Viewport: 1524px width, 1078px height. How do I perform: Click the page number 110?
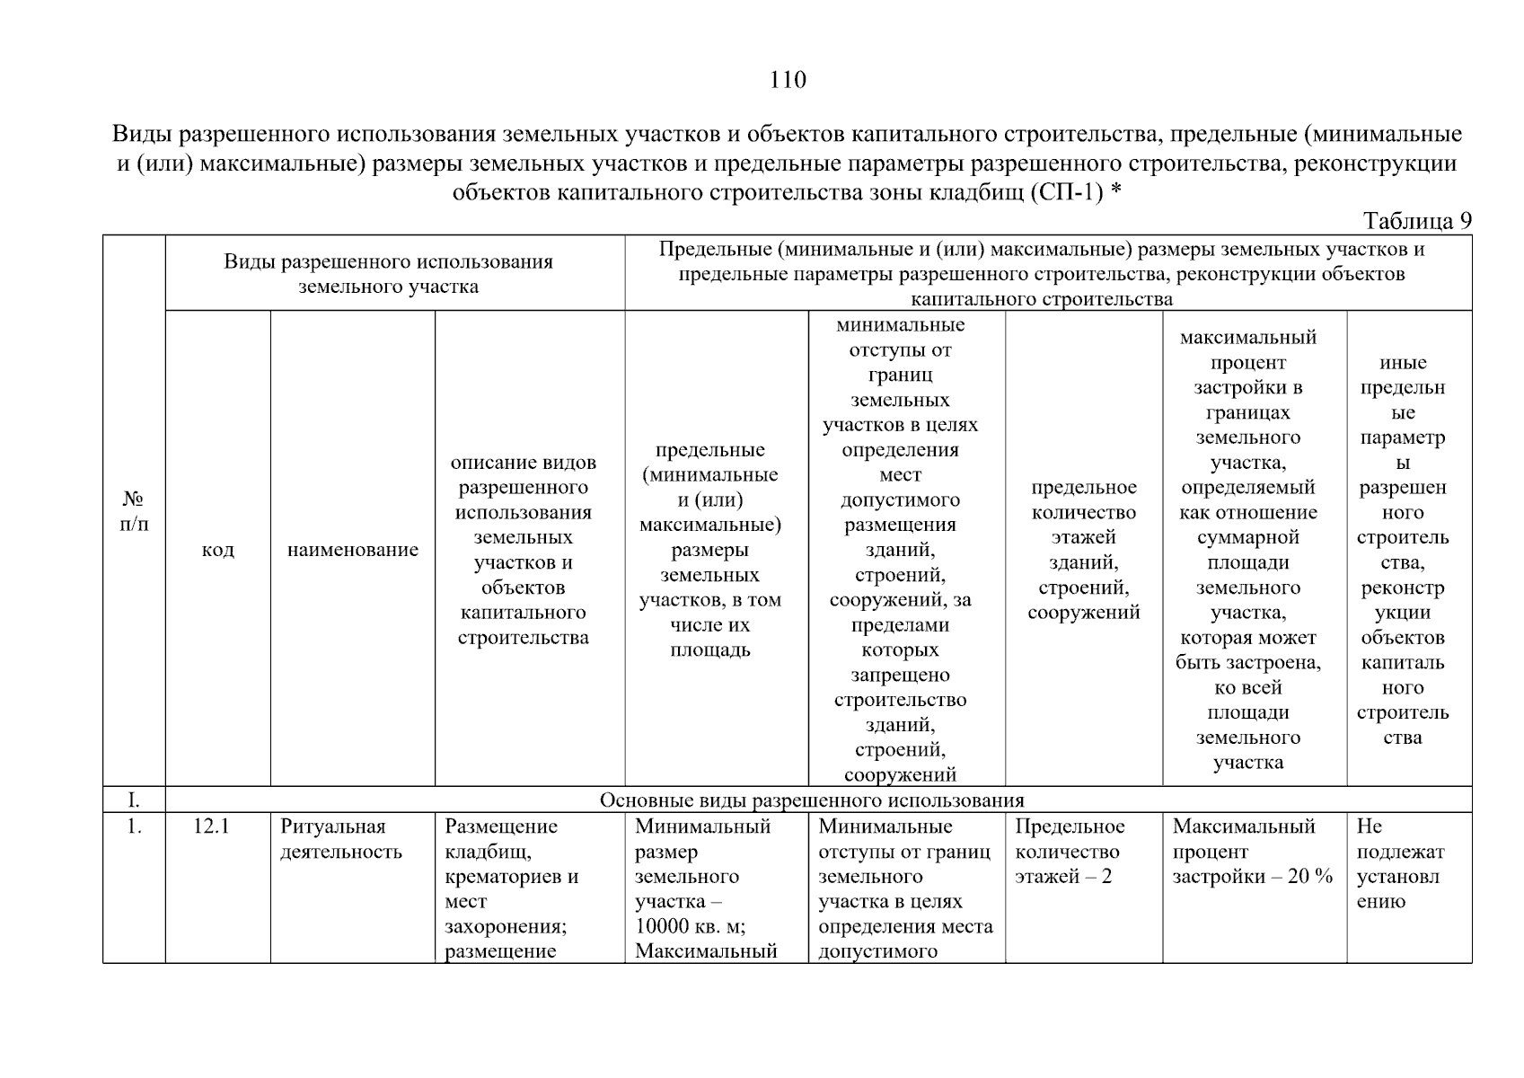coord(788,81)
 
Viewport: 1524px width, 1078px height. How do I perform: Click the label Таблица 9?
coord(1416,221)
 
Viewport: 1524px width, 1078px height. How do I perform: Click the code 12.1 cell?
coord(211,826)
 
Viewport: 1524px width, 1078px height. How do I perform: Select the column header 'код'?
coord(217,550)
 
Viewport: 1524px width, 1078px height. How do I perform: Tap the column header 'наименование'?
coord(352,550)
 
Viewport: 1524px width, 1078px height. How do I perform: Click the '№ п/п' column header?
coord(134,510)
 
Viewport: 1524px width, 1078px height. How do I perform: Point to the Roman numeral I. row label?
coord(134,800)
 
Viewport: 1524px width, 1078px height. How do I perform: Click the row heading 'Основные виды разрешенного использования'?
coord(811,800)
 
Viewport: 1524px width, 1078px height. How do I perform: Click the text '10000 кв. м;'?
coord(690,926)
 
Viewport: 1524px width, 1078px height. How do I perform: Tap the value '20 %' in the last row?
coord(1310,877)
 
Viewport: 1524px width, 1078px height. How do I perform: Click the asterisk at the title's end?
coord(1116,190)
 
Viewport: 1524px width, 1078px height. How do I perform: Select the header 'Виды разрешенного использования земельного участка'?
coord(388,274)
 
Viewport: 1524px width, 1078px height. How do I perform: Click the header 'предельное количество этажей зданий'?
coord(1083,550)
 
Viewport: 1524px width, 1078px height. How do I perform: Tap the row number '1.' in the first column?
coord(134,826)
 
